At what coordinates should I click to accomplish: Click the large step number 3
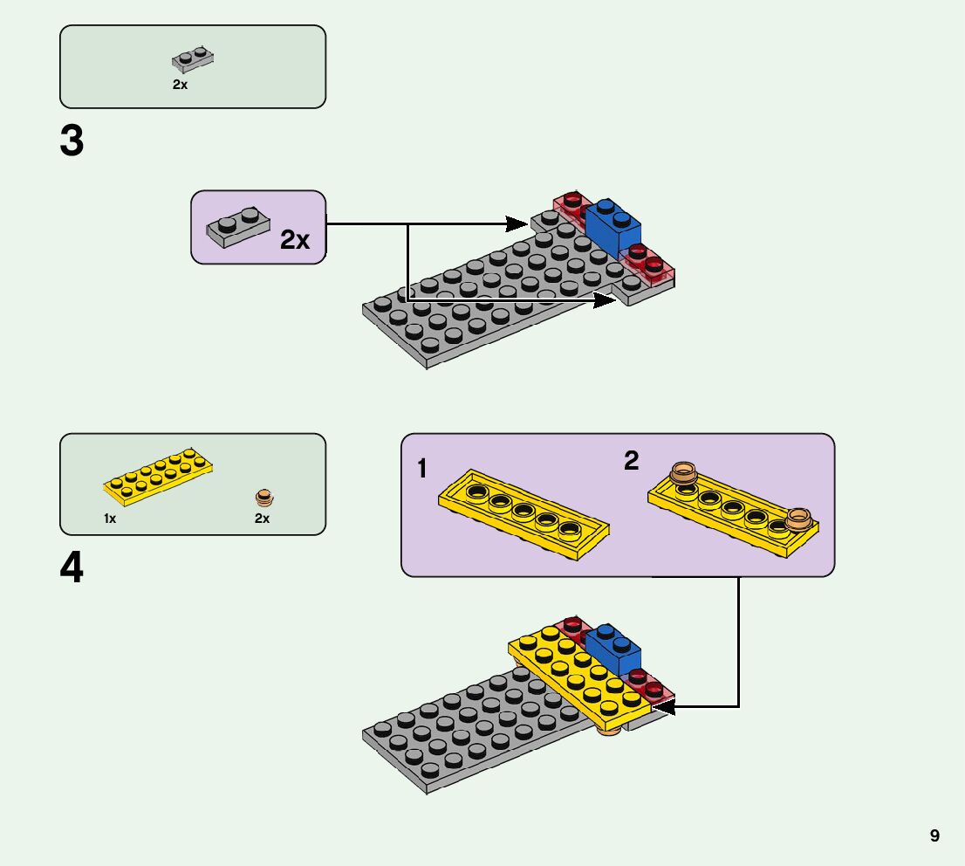(72, 141)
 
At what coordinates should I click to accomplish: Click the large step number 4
(72, 568)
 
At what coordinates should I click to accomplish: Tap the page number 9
(934, 836)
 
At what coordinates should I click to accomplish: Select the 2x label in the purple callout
(295, 240)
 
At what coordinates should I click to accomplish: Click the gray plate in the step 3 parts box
(193, 59)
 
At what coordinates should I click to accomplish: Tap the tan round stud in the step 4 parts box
(263, 498)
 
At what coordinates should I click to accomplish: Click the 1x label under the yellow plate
(110, 519)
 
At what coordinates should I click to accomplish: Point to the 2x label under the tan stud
(262, 519)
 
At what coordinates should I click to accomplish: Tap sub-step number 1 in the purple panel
(422, 470)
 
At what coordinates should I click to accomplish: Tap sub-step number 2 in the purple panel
(631, 461)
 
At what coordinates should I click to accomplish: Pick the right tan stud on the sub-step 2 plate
(798, 519)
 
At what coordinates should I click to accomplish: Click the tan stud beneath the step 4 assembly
(610, 729)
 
